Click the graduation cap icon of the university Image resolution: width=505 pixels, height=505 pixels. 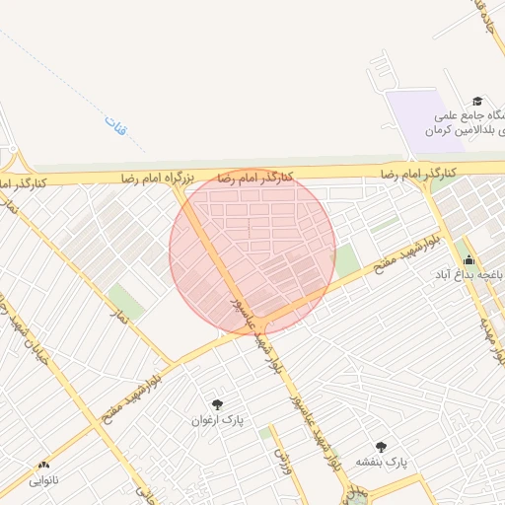pos(477,101)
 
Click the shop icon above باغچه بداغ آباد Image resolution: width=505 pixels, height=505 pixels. pos(468,260)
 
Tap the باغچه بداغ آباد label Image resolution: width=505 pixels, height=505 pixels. pos(471,274)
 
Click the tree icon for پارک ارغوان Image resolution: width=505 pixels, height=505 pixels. pos(217,404)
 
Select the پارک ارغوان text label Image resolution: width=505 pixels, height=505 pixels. pos(217,420)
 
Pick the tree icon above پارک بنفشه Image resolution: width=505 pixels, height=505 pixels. pos(382,447)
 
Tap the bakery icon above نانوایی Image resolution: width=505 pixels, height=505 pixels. pos(43,466)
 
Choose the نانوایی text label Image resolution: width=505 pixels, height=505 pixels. pos(43,481)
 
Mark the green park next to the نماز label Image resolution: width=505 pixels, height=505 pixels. pos(125,300)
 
